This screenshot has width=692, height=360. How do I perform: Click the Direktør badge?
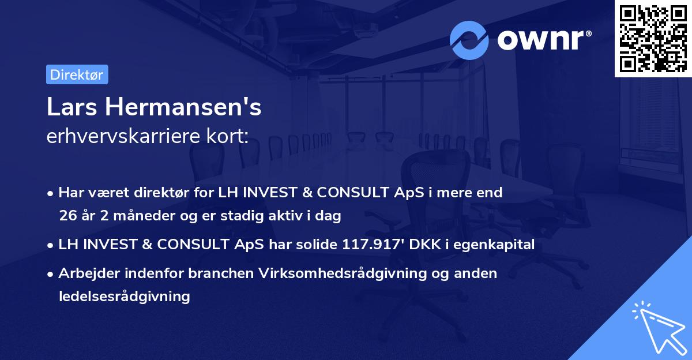pos(77,74)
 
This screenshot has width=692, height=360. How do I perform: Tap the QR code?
pos(653,38)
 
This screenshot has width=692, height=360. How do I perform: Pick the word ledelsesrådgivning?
pos(124,297)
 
